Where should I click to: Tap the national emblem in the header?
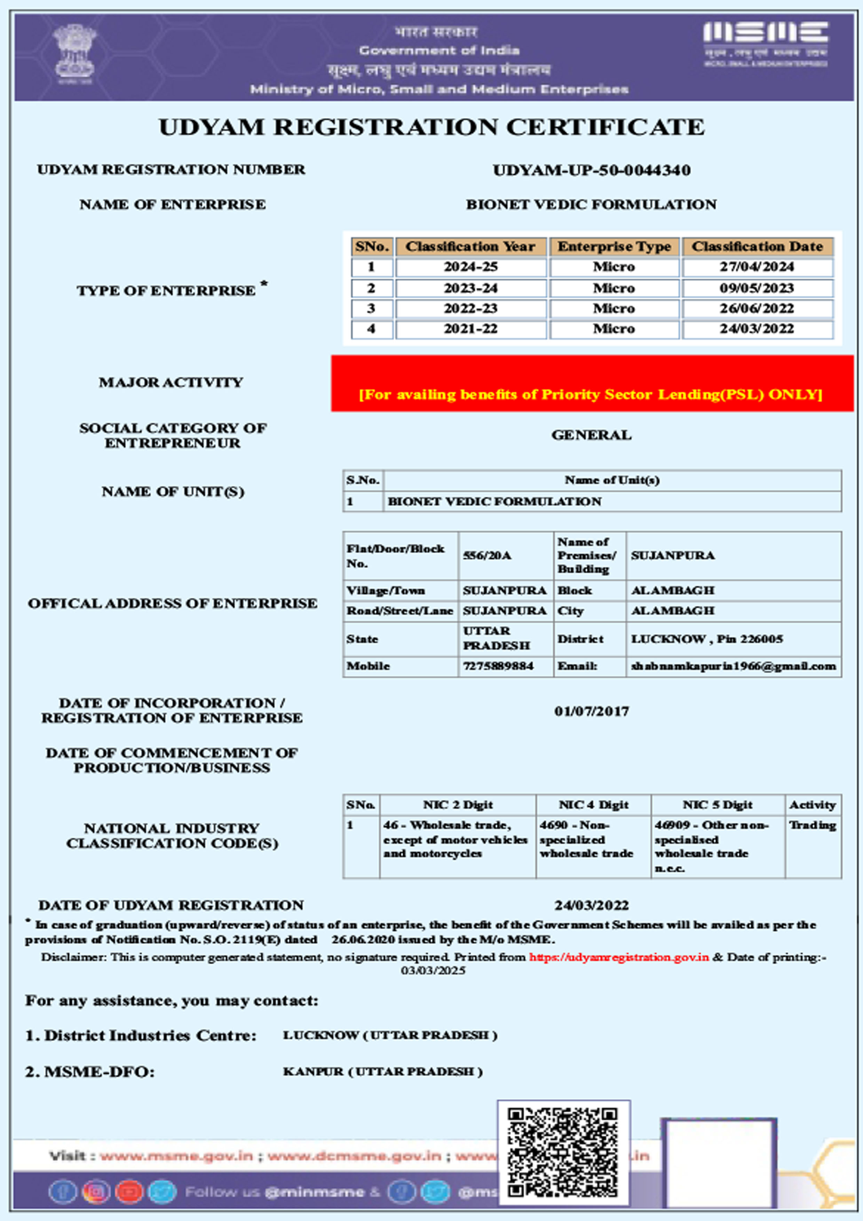(x=75, y=53)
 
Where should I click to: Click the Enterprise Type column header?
(x=614, y=247)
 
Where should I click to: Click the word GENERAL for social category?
(x=591, y=435)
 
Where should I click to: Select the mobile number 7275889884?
(x=498, y=666)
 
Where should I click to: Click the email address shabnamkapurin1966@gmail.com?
(x=733, y=666)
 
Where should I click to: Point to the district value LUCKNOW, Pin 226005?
(x=707, y=639)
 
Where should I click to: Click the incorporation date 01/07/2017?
(x=591, y=711)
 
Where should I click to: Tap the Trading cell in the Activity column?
(x=813, y=825)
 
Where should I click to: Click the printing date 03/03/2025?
(x=433, y=970)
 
